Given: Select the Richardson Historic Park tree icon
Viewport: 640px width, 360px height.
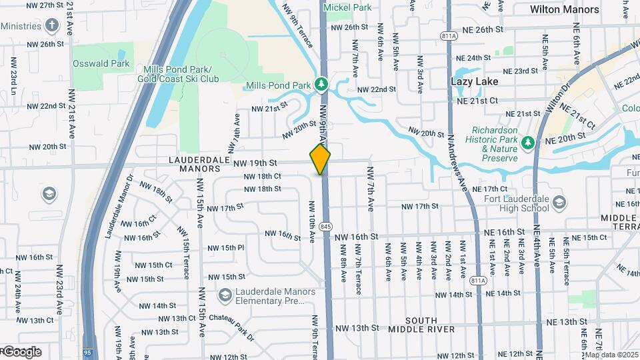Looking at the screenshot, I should point(527,143).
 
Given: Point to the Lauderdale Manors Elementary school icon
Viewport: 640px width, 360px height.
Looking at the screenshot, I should point(225,295).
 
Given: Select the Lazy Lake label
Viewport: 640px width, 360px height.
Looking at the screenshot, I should point(475,81).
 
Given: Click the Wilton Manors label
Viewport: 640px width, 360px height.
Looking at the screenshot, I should point(564,9).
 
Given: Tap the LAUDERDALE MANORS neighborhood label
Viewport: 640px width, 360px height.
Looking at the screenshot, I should point(195,164).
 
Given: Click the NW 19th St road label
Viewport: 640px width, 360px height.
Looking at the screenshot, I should point(254,163).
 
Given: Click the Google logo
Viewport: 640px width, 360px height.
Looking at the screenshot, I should point(20,351).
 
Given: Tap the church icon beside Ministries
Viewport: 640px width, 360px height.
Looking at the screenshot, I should point(52,25).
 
